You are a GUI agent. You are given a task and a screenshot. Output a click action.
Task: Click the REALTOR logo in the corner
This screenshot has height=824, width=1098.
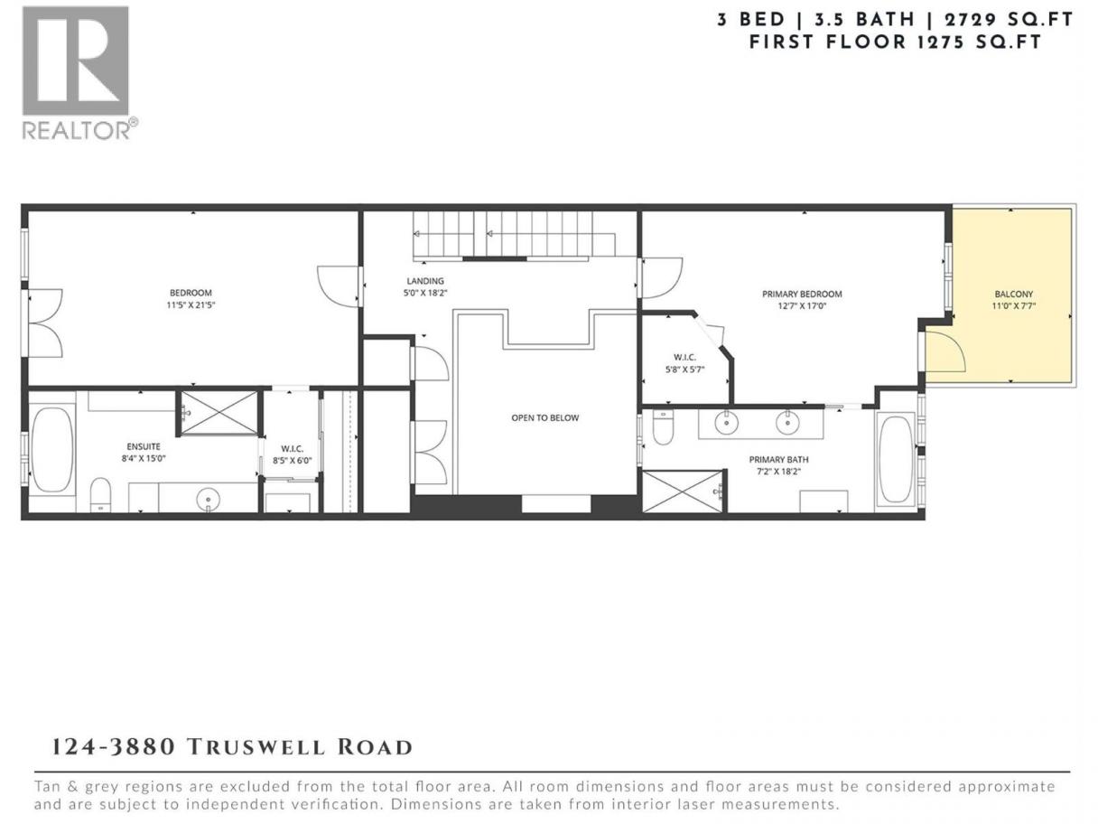point(79,73)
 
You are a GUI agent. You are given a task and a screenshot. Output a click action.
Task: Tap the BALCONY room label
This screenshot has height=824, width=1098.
point(1013,295)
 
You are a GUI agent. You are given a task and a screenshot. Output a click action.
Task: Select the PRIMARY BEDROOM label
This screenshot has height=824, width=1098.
point(802,295)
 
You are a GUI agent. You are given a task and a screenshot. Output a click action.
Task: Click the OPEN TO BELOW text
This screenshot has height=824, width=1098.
point(544,417)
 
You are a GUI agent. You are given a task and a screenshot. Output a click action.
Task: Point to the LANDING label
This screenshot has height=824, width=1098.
point(425,281)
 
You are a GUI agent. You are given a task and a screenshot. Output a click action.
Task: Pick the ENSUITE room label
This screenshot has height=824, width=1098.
point(144,446)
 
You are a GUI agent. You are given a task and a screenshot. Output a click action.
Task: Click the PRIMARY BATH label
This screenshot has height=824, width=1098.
point(779,460)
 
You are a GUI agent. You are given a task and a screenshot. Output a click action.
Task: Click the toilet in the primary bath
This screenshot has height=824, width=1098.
point(664,427)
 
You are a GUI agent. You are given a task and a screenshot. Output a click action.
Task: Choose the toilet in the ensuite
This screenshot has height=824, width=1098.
point(100,495)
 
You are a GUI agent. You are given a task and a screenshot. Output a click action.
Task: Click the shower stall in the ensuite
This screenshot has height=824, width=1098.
point(219,413)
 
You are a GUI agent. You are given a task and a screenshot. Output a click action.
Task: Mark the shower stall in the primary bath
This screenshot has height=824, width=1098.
point(683,492)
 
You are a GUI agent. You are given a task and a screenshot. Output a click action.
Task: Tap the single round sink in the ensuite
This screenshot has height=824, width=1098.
point(208,499)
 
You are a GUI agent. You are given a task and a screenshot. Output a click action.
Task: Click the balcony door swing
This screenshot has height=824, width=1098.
point(944,352)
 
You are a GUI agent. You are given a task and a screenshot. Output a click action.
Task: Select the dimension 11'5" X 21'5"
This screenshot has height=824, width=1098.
point(191,305)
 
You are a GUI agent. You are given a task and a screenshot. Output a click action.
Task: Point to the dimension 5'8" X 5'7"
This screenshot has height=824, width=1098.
point(684,370)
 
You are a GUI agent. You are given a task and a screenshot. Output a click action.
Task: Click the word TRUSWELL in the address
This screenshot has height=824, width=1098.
point(256,747)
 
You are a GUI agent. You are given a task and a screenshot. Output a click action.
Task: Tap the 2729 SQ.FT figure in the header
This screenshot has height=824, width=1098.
point(1009,20)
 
